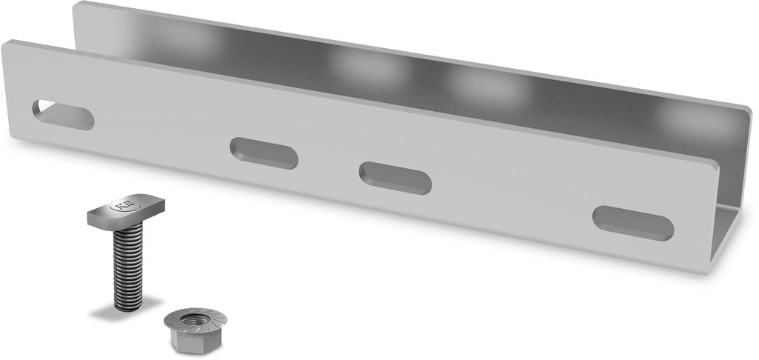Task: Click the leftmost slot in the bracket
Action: [x=63, y=114]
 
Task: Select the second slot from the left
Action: [x=264, y=153]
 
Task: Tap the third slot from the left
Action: [x=395, y=178]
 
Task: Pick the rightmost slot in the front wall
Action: [x=633, y=222]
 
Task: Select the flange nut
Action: [x=188, y=330]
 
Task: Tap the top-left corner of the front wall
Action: [x=6, y=44]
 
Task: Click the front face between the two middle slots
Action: [x=329, y=166]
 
